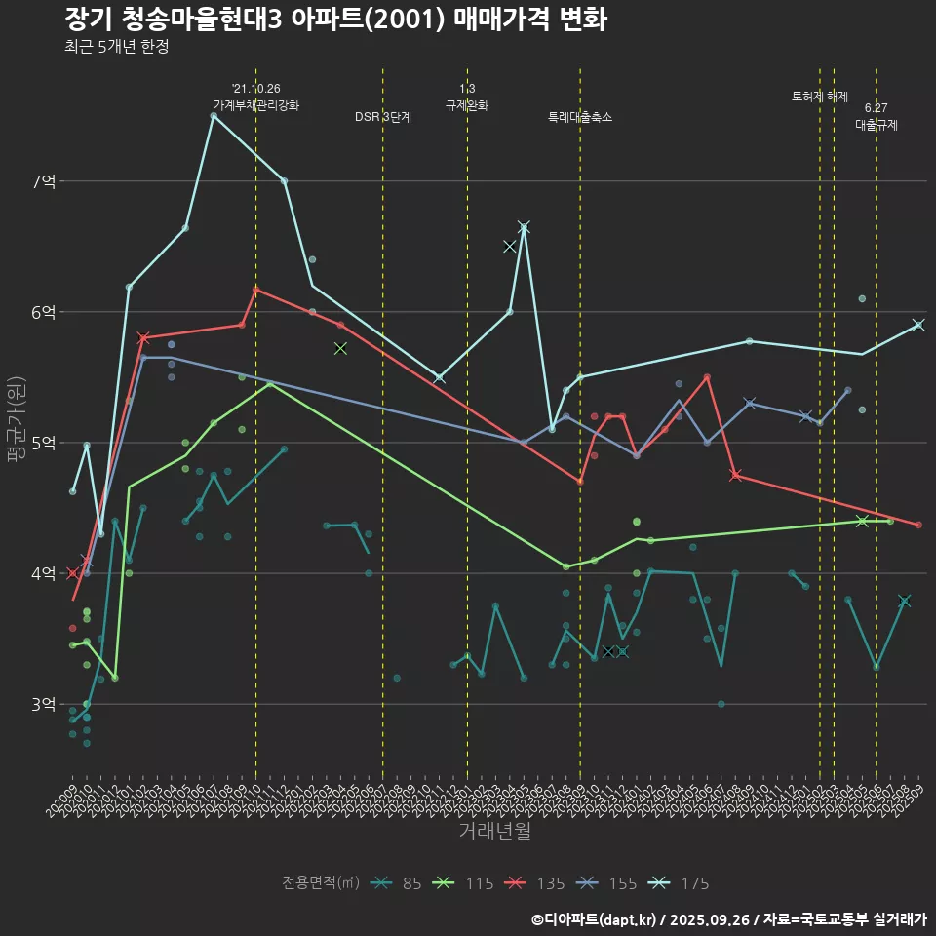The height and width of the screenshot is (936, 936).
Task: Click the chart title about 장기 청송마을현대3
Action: click(x=336, y=19)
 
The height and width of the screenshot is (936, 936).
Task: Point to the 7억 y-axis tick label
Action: click(x=44, y=181)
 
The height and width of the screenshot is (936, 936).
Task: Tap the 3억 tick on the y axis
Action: click(x=44, y=704)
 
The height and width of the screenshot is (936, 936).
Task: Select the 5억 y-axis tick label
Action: click(x=44, y=443)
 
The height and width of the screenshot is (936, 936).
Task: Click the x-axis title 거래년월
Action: click(x=495, y=832)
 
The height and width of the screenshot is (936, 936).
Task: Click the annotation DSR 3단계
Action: click(x=383, y=117)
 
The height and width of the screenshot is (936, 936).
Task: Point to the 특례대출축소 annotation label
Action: click(x=580, y=117)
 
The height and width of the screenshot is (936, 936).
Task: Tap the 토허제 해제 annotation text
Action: click(x=820, y=97)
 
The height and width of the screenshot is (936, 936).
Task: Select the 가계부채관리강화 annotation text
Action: click(x=256, y=105)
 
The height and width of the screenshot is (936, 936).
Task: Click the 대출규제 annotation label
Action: click(x=877, y=125)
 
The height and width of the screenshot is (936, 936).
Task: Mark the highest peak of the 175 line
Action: click(x=214, y=116)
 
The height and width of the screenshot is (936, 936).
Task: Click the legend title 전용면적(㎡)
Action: click(x=321, y=883)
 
